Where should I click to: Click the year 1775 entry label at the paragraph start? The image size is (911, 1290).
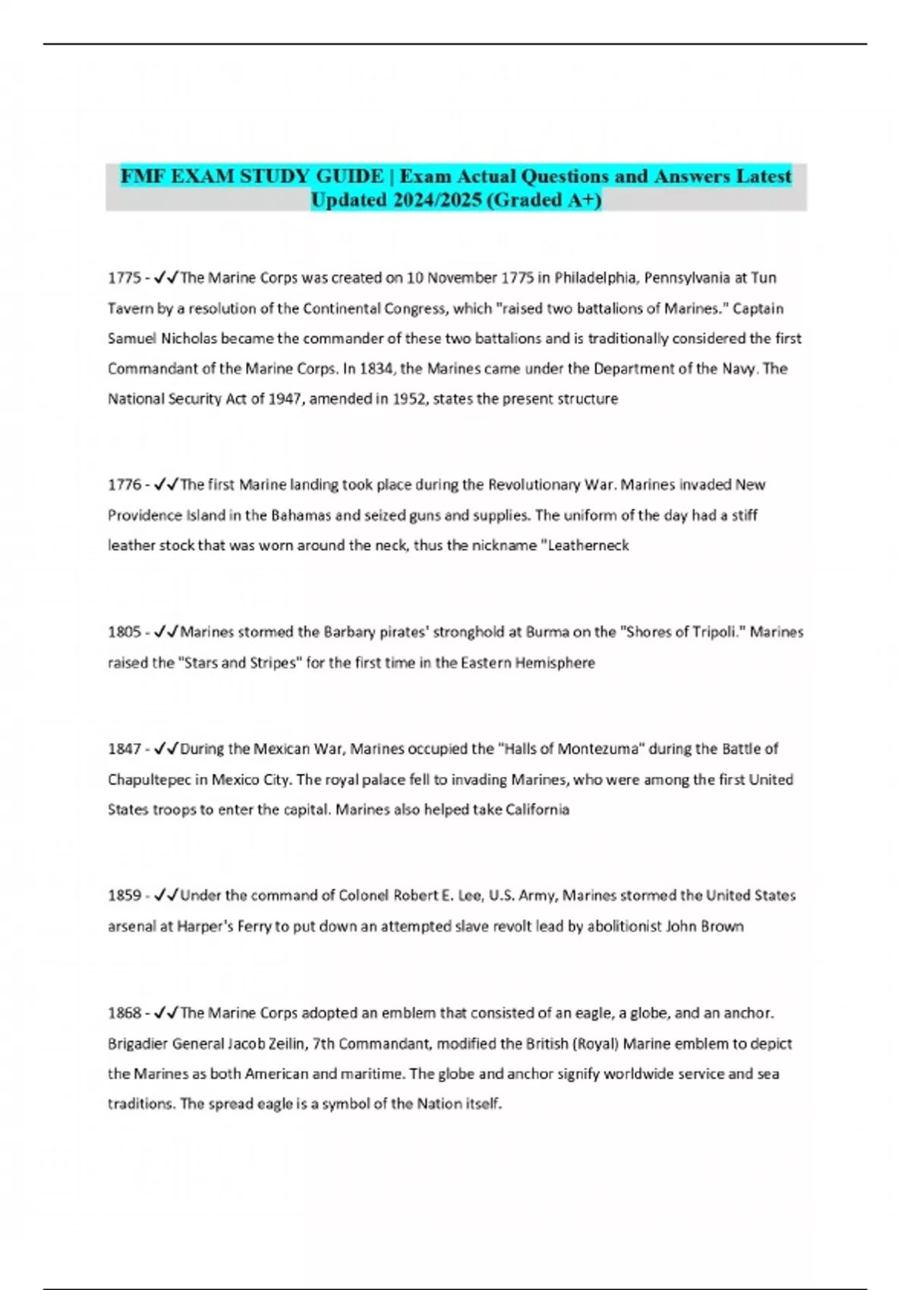[124, 278]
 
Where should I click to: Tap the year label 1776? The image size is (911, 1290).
[124, 485]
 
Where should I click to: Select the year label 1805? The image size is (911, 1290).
[124, 632]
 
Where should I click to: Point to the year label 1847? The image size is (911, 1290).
[124, 749]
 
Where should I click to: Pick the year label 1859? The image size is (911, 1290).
[124, 895]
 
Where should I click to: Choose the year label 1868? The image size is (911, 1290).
[124, 1013]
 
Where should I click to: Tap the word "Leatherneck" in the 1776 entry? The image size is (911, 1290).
[587, 546]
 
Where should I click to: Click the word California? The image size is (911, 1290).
[537, 810]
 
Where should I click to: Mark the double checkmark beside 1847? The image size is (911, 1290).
[166, 749]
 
